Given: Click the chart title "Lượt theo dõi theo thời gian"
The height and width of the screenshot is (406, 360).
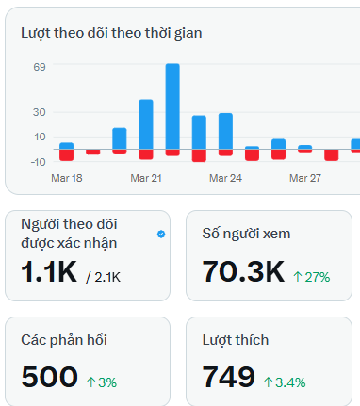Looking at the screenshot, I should [x=111, y=34].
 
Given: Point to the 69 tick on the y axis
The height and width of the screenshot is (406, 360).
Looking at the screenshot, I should [x=40, y=68].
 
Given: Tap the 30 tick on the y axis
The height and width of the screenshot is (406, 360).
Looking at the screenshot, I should [x=40, y=112].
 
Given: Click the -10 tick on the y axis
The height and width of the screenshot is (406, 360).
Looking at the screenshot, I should [x=38, y=161].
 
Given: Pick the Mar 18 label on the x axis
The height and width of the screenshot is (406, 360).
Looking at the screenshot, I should [x=67, y=178].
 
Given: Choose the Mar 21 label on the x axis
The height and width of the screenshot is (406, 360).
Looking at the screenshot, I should [x=146, y=178].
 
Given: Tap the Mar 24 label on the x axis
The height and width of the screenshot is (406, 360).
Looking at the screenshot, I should [x=226, y=178].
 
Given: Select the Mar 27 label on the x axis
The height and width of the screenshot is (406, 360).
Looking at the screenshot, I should [x=305, y=178].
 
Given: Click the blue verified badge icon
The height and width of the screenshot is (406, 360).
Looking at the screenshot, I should [x=161, y=233].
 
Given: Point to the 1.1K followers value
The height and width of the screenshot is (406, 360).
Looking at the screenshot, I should [x=48, y=273].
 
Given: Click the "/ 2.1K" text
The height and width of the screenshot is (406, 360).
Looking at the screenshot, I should [x=103, y=277].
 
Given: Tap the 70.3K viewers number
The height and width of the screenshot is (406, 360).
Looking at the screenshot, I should [x=243, y=273].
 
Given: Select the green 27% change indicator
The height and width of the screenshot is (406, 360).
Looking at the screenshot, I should [x=311, y=277].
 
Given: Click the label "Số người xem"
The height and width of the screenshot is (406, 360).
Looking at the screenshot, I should [x=246, y=233].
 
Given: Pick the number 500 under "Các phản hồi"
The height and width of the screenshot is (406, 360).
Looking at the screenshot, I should [x=49, y=378].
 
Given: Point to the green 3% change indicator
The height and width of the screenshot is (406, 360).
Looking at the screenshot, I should [x=101, y=382].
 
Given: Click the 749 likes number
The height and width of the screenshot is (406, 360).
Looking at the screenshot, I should [x=229, y=378].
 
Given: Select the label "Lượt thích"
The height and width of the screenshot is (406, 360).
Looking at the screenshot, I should [x=236, y=338].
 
